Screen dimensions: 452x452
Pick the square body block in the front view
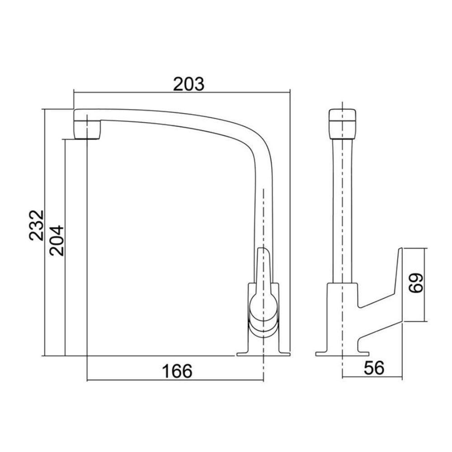[343, 312]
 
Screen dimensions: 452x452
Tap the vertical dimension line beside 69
[426, 285]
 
